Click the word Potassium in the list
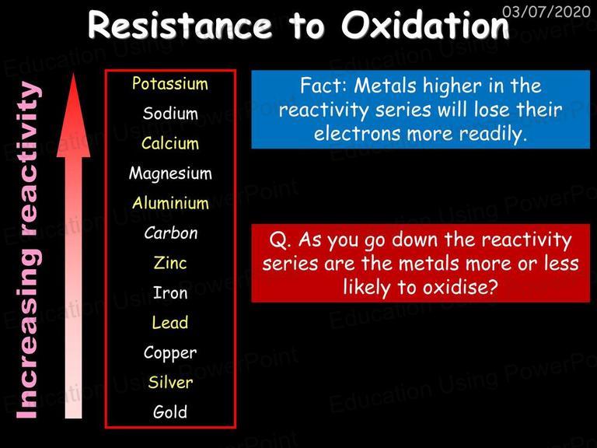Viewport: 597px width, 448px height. point(170,83)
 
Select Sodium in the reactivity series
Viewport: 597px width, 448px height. point(170,113)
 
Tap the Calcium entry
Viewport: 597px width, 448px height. point(170,143)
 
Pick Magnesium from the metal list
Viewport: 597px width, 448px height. point(170,173)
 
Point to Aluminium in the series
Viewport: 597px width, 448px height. point(170,203)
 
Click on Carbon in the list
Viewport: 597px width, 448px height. point(170,233)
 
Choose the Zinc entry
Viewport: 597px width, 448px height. point(170,262)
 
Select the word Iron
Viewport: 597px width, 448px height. point(170,292)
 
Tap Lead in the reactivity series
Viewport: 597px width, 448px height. point(169,322)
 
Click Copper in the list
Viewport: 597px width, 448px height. point(170,353)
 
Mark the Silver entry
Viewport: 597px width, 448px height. point(170,382)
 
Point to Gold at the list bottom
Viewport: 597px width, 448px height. point(170,411)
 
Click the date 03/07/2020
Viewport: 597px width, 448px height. point(546,12)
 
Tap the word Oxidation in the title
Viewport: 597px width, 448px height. point(425,26)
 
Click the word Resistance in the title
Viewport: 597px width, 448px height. point(180,26)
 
